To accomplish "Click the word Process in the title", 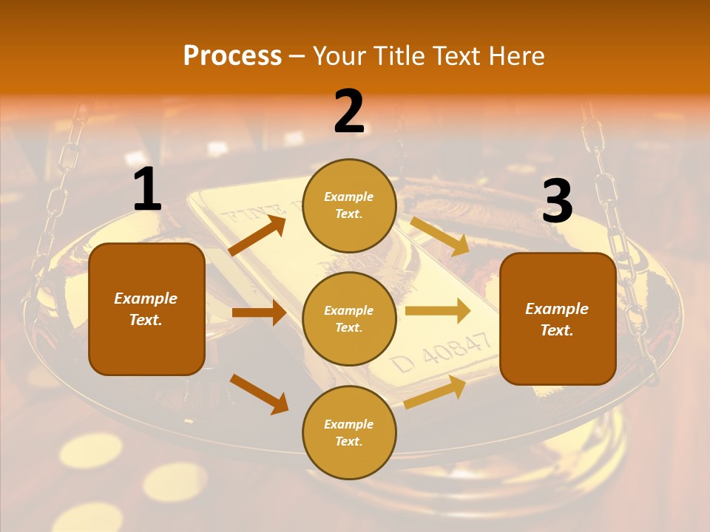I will [232, 55].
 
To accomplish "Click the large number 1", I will [147, 189].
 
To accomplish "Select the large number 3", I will [557, 201].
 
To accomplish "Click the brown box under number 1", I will [146, 309].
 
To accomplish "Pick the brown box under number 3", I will [558, 318].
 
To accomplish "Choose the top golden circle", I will [349, 205].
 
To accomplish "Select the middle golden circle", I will [349, 318].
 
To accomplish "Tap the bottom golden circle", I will [349, 432].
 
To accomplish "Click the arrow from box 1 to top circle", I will [257, 235].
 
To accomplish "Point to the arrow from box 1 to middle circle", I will [259, 313].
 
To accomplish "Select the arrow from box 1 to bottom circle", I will [259, 393].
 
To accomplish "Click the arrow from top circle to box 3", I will [440, 236].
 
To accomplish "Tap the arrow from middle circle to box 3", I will [438, 310].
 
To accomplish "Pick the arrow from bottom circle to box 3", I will [435, 392].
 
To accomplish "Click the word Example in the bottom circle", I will [349, 424].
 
